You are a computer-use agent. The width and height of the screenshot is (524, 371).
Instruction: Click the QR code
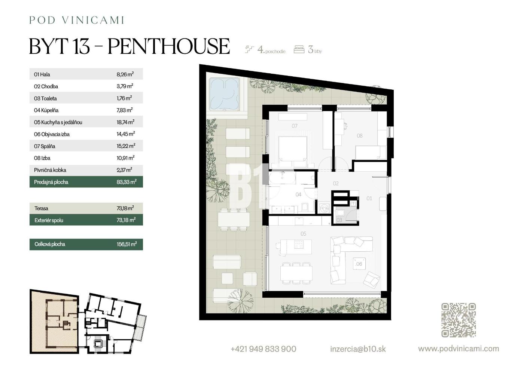click(458, 320)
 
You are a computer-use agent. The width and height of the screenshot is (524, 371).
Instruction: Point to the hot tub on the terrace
click(225, 94)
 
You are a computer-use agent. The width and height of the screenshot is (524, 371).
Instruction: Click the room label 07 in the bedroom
click(295, 126)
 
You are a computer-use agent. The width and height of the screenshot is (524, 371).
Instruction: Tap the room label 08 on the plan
click(360, 136)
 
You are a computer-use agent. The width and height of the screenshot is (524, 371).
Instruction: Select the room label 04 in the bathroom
click(298, 194)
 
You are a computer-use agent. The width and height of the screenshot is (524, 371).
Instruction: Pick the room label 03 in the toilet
click(339, 220)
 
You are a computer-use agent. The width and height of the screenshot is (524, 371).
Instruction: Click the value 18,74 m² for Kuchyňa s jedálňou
click(125, 122)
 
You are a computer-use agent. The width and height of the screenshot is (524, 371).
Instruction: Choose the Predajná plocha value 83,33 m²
click(127, 182)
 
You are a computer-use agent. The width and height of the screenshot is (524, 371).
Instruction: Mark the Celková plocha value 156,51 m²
click(127, 244)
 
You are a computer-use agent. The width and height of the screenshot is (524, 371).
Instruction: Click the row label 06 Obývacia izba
click(52, 134)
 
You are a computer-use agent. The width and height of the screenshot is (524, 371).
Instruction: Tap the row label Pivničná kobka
click(50, 170)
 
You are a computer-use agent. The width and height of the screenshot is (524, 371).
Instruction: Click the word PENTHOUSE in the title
click(169, 46)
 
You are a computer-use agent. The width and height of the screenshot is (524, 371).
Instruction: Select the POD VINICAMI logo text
click(76, 20)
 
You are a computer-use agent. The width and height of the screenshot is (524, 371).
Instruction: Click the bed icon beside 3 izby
click(299, 49)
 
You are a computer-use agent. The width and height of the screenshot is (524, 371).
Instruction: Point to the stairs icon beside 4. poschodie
click(249, 49)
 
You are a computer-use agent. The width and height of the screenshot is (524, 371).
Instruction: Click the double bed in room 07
click(293, 152)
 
